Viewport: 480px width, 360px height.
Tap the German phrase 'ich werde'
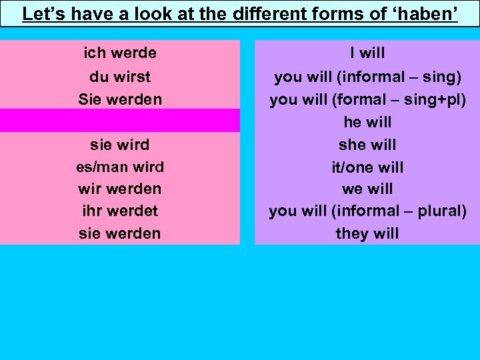(120, 53)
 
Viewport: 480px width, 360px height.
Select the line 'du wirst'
(120, 77)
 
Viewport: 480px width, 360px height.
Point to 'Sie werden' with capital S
(120, 99)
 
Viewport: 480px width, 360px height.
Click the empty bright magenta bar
(120, 121)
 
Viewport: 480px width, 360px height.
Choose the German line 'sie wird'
(120, 145)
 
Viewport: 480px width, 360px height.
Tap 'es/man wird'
(120, 167)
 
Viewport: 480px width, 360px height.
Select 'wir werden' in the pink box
(120, 189)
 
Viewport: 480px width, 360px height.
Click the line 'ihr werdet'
(120, 211)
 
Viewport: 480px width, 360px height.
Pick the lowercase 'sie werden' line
(120, 233)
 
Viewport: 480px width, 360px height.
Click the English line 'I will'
(367, 53)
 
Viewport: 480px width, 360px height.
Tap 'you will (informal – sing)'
(367, 77)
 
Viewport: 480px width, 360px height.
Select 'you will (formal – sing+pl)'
(367, 99)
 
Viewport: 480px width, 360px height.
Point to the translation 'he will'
(367, 122)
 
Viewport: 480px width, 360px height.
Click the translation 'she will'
(367, 145)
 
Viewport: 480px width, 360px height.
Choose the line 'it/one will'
(367, 167)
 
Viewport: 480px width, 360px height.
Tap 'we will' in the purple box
(367, 189)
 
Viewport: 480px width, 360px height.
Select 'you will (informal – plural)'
(367, 211)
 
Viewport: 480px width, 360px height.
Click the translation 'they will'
(367, 233)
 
